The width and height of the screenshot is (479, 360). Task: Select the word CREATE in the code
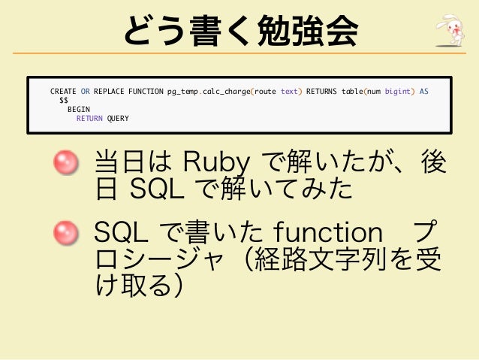pyautogui.click(x=63, y=92)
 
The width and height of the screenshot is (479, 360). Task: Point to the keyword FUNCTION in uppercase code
pyautogui.click(x=146, y=92)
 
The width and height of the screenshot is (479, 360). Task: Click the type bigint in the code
pyautogui.click(x=398, y=92)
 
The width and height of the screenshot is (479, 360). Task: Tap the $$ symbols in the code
pyautogui.click(x=64, y=101)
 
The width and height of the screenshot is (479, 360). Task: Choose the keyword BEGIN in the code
pyautogui.click(x=79, y=110)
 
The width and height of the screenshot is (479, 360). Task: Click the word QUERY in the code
pyautogui.click(x=118, y=119)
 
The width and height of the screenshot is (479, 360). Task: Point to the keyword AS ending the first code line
pyautogui.click(x=424, y=92)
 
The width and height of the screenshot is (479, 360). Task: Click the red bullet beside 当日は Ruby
pyautogui.click(x=66, y=162)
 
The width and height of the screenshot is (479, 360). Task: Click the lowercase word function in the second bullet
pyautogui.click(x=328, y=232)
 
